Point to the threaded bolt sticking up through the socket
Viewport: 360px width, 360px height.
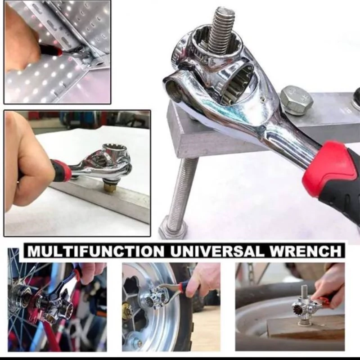coord(221,31)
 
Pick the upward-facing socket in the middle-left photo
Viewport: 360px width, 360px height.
coord(111,150)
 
